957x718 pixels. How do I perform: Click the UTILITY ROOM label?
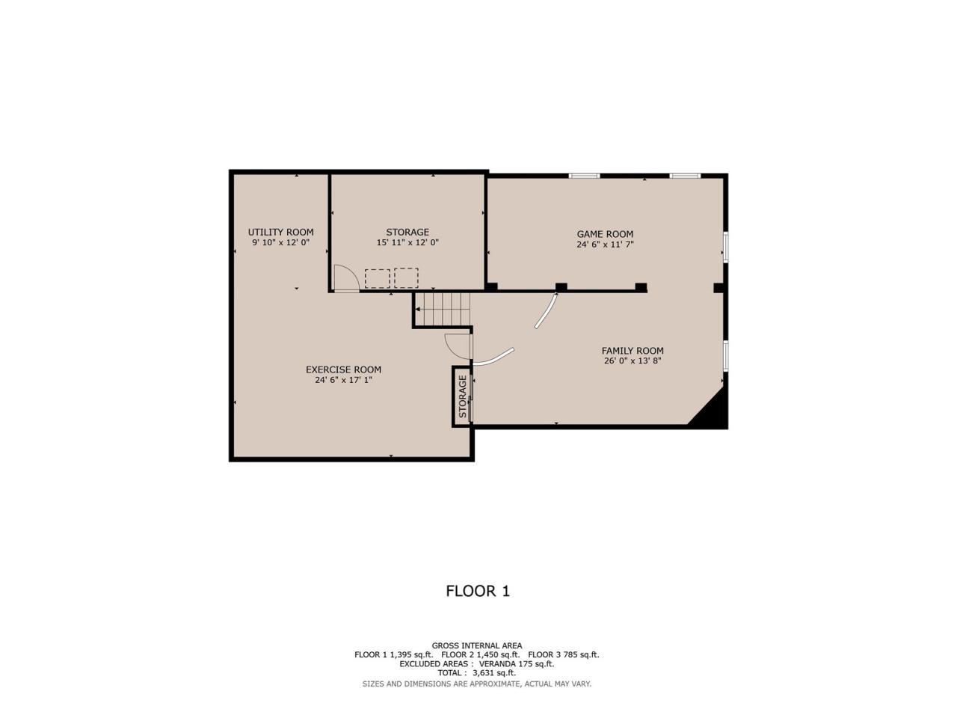pyautogui.click(x=280, y=232)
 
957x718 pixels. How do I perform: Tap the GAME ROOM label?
pyautogui.click(x=605, y=234)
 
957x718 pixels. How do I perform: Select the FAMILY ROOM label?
pyautogui.click(x=633, y=351)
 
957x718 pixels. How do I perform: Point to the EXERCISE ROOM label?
pyautogui.click(x=343, y=369)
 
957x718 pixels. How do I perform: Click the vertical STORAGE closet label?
pyautogui.click(x=463, y=396)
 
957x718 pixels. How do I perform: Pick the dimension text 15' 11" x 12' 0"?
pyautogui.click(x=407, y=243)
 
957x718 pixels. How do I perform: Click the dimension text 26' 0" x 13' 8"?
pyautogui.click(x=633, y=361)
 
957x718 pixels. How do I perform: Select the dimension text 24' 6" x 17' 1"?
pyautogui.click(x=343, y=380)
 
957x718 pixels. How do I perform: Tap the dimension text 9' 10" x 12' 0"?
pyautogui.click(x=280, y=243)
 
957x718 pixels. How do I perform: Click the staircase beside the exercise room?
pyautogui.click(x=442, y=309)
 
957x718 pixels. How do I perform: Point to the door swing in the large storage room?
pyautogui.click(x=346, y=277)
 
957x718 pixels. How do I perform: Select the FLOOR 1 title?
pyautogui.click(x=478, y=591)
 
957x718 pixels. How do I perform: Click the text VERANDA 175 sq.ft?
pyautogui.click(x=516, y=664)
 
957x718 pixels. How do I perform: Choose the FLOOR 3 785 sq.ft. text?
pyautogui.click(x=563, y=654)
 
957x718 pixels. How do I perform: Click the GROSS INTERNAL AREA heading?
pyautogui.click(x=476, y=645)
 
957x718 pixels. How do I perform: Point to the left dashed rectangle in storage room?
pyautogui.click(x=377, y=278)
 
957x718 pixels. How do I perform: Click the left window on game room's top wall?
pyautogui.click(x=584, y=176)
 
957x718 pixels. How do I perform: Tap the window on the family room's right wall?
pyautogui.click(x=726, y=356)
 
